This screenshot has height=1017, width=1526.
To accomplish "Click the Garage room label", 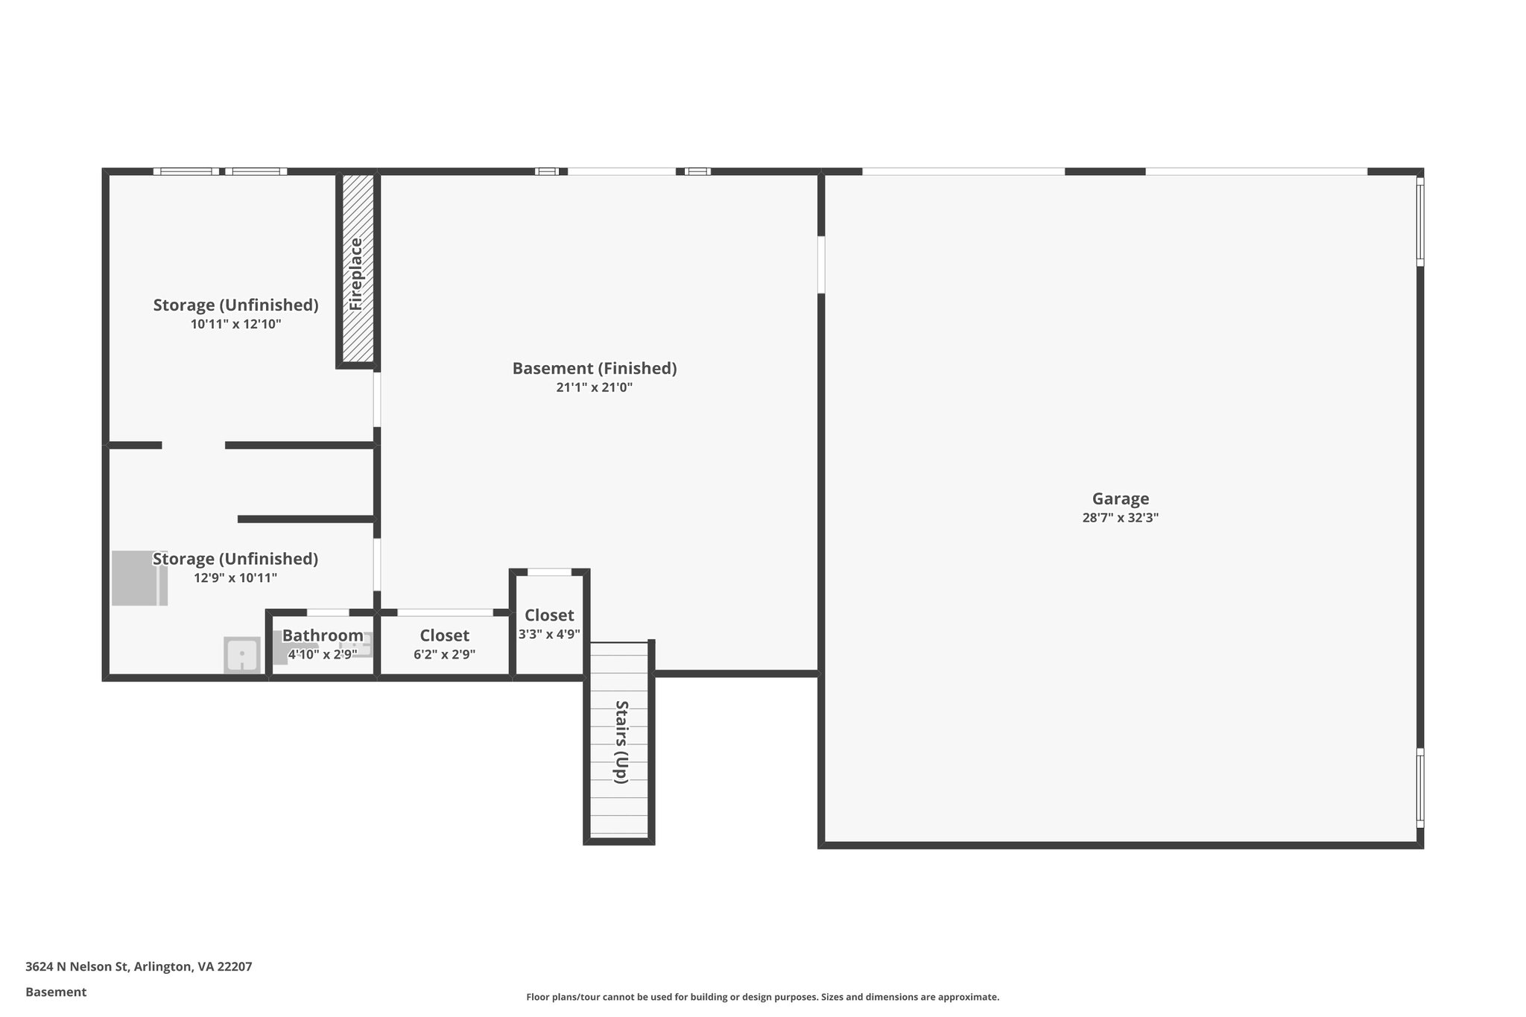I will (1120, 499).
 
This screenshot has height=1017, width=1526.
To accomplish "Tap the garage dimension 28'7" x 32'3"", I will (1120, 518).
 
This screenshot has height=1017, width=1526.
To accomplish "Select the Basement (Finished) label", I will (594, 368).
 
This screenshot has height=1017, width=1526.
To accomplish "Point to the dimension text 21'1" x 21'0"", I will (594, 387).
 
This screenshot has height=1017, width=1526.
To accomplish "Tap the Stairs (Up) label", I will (621, 741).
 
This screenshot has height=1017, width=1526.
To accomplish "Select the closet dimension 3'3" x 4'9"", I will (549, 635).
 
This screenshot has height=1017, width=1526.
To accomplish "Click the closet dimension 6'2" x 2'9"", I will (444, 655).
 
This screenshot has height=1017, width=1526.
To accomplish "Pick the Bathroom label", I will (323, 636).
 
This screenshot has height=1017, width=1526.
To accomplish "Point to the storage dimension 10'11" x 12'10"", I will (235, 324).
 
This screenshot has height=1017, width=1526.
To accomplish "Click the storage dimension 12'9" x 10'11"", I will (235, 578).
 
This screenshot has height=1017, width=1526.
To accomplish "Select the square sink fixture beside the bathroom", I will (242, 656).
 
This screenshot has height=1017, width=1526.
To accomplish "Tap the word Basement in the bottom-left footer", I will (56, 992).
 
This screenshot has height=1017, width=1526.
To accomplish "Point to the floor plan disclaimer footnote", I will (762, 997).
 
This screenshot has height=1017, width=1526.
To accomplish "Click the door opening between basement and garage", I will (821, 264).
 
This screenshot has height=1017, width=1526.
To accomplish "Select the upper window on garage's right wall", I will (1419, 221).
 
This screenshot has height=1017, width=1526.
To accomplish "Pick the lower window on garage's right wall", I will (1419, 788).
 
